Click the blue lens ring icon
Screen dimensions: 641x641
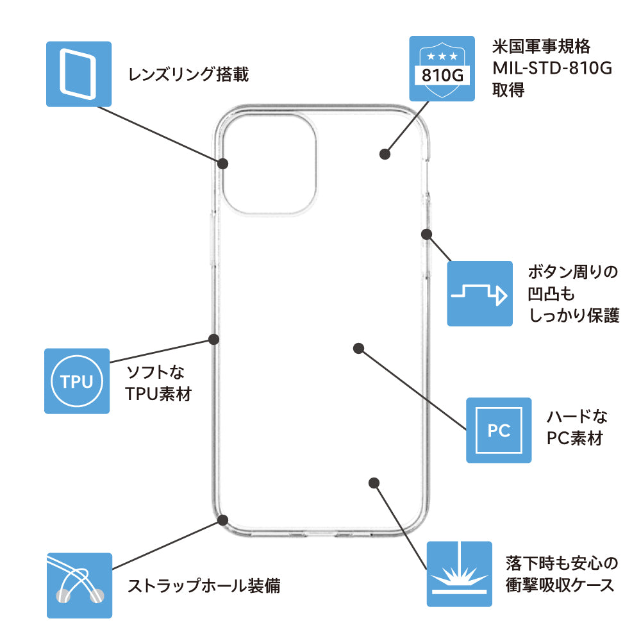coord(79,74)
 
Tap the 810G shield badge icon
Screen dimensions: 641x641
coord(442,69)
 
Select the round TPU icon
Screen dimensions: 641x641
coord(76,381)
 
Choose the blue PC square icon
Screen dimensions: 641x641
coord(499,430)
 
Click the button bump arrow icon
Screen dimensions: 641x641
coord(479,294)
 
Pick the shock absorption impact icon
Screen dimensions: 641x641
coord(460,574)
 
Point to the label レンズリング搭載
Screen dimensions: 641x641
coord(188,75)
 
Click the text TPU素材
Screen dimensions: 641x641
coord(158,394)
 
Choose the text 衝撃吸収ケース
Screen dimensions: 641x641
coord(560,585)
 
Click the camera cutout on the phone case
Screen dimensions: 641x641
coord(269,165)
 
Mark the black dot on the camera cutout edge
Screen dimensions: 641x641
coord(223,163)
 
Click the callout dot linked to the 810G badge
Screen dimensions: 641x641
coord(385,154)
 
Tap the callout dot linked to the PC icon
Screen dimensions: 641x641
coord(359,348)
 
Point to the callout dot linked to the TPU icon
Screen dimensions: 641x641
coord(214,338)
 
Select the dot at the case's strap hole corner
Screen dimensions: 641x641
coord(223,519)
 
